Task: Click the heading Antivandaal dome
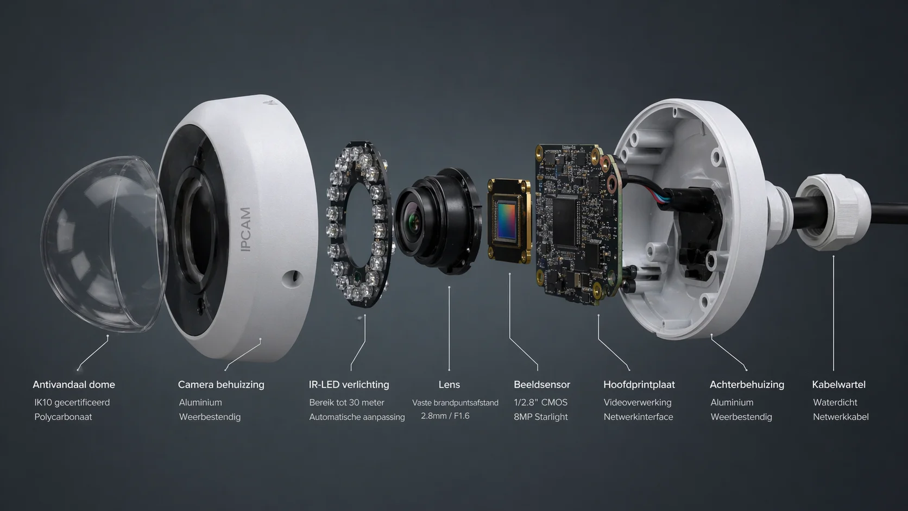pos(74,384)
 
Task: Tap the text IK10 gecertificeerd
pos(72,402)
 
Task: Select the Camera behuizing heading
pos(221,384)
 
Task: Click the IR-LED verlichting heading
pos(349,384)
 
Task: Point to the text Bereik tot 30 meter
pos(346,402)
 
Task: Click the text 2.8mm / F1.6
pos(445,416)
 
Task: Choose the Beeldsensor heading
pos(541,384)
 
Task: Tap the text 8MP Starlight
pos(540,417)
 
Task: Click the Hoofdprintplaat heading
pos(639,384)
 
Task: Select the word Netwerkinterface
pos(638,417)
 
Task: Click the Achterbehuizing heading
pos(747,384)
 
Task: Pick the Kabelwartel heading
pos(838,384)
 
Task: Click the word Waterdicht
pos(835,402)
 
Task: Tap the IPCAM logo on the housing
pos(245,229)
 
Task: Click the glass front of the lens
pos(414,220)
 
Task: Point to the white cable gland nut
pos(833,212)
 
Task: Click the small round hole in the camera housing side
pos(293,278)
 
